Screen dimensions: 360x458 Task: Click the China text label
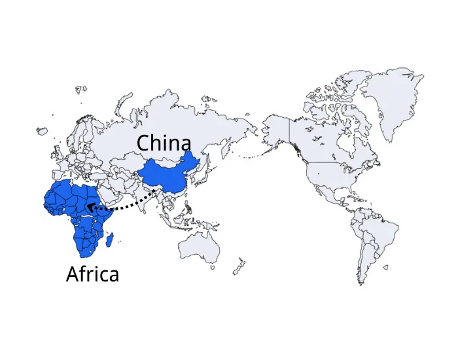(x=164, y=143)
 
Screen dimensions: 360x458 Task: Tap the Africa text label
(x=93, y=274)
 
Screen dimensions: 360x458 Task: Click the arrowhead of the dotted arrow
(x=90, y=208)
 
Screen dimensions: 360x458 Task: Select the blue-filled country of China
(x=167, y=175)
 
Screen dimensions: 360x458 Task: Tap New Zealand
(x=239, y=264)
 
